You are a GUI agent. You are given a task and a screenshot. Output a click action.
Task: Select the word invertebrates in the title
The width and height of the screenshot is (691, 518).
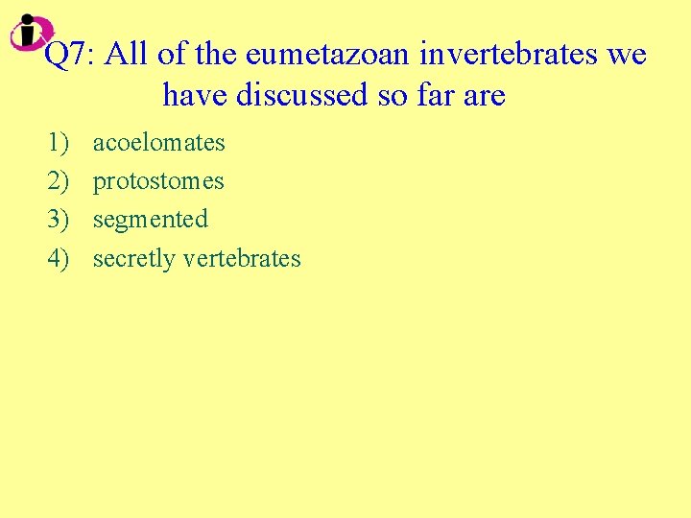tap(499, 56)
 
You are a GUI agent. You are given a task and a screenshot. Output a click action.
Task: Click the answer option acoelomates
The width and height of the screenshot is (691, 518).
tap(158, 143)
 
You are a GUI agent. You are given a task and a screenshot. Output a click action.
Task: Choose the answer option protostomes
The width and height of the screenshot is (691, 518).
tap(158, 181)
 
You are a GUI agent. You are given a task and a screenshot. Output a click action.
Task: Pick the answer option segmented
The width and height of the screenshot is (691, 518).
tap(150, 220)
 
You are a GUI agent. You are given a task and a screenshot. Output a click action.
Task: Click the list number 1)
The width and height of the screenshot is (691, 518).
tap(58, 143)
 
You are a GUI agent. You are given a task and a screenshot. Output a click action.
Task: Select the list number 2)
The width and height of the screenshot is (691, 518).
tap(58, 181)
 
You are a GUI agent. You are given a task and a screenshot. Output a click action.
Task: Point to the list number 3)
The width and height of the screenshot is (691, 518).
tap(58, 220)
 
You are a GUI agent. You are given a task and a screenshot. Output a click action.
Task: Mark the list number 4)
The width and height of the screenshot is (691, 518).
tap(58, 259)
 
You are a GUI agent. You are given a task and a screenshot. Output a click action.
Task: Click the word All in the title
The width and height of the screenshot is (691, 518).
tap(127, 56)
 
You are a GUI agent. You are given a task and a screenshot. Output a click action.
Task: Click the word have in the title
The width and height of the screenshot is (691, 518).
tap(195, 95)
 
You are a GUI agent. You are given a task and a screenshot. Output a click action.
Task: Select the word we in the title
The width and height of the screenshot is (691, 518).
tap(627, 56)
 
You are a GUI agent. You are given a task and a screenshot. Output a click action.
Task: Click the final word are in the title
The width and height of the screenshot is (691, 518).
tap(485, 95)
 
